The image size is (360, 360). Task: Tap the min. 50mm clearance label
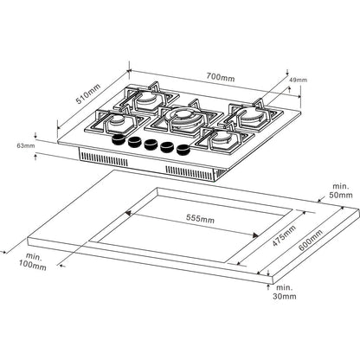click(x=342, y=190)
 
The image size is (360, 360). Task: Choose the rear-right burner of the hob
click(x=251, y=116)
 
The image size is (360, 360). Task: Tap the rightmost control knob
click(x=183, y=148)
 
